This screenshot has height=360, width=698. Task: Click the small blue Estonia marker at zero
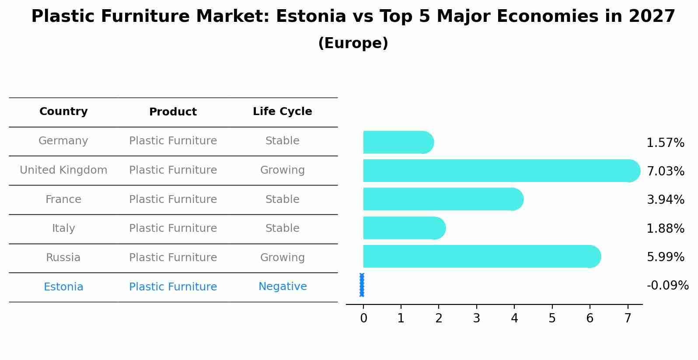pos(362,285)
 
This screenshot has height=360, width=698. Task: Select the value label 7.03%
pos(665,171)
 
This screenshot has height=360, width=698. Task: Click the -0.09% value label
pos(667,286)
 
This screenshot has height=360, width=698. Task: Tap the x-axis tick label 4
pos(514,318)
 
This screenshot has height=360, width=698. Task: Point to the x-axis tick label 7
pos(628,318)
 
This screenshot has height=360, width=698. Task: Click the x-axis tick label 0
pos(363,318)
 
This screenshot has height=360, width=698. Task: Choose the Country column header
pos(63,112)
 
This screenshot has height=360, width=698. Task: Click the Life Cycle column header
pos(283,112)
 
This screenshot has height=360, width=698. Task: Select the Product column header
pos(173,112)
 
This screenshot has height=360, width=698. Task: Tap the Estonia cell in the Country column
pos(63,287)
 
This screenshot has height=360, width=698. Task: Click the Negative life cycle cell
pos(283,287)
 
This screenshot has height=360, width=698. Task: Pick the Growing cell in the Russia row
pos(283,258)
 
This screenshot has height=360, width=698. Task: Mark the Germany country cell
pos(63,141)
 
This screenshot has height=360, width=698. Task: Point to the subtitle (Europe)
pos(353,43)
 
